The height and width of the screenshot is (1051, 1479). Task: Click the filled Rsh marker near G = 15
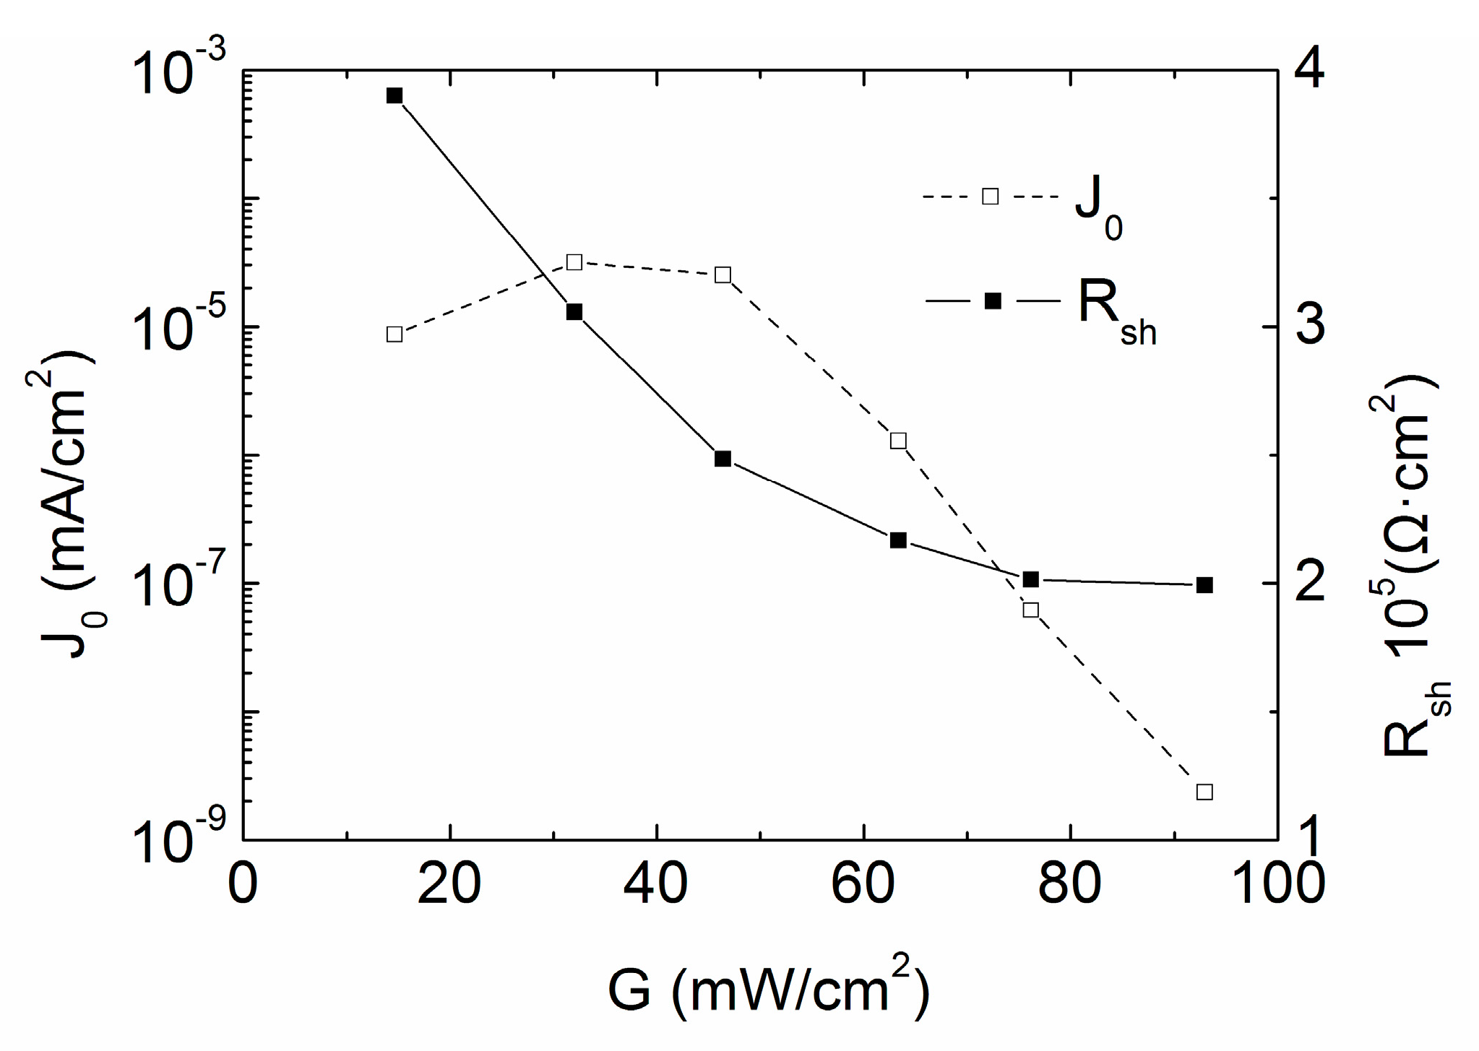[394, 96]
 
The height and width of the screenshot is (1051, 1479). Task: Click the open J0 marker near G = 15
[394, 334]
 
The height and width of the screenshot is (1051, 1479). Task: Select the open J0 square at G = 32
[574, 261]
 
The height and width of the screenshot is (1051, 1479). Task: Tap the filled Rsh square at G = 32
[574, 312]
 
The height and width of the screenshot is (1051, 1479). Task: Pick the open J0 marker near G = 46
[723, 275]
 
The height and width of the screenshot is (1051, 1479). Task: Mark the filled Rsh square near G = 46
[723, 459]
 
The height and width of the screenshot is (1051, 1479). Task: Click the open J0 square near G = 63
[898, 441]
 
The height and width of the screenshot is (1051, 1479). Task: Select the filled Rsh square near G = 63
[898, 540]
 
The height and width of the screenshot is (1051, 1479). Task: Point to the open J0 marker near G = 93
[1204, 792]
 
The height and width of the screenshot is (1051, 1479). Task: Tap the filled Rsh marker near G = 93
[1204, 585]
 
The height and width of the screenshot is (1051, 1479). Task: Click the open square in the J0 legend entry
[991, 196]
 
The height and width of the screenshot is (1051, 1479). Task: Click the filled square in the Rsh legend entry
[993, 301]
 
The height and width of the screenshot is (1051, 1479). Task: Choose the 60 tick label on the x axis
[863, 883]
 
